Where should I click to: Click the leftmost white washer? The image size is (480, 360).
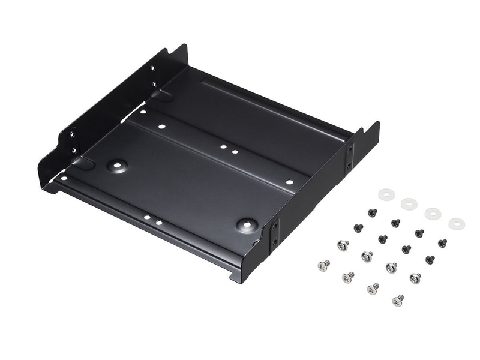click(x=385, y=195)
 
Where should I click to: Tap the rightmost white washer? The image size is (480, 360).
click(x=457, y=223)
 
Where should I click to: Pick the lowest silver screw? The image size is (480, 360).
click(x=397, y=299)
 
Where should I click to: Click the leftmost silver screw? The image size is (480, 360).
click(x=323, y=265)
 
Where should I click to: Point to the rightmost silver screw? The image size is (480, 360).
click(x=415, y=278)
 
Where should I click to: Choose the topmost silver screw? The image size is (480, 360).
click(x=343, y=245)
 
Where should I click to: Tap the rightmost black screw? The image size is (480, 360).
click(x=442, y=243)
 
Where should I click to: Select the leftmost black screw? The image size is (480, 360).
click(x=358, y=228)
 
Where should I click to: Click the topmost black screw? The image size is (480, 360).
click(x=372, y=212)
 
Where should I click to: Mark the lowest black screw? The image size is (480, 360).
click(x=430, y=260)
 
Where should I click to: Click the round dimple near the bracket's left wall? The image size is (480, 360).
click(x=118, y=164)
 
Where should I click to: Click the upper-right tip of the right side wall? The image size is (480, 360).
click(x=377, y=123)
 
